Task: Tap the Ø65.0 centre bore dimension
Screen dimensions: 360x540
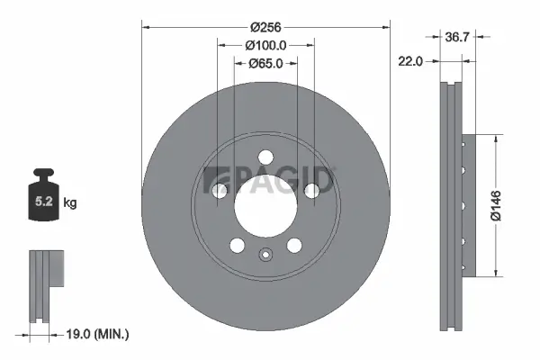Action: coord(265,63)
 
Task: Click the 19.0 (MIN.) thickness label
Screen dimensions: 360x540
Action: coord(100,334)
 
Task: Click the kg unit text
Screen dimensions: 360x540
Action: coord(70,204)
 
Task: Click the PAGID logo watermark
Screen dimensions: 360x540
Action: coord(269,181)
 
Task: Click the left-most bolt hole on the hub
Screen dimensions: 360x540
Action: coord(220,189)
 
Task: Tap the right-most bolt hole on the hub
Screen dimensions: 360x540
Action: coord(311,189)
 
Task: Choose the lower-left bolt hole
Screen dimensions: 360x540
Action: coord(238,245)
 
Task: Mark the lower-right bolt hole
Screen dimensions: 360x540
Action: coord(293,245)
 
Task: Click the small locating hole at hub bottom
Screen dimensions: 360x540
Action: coord(265,254)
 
